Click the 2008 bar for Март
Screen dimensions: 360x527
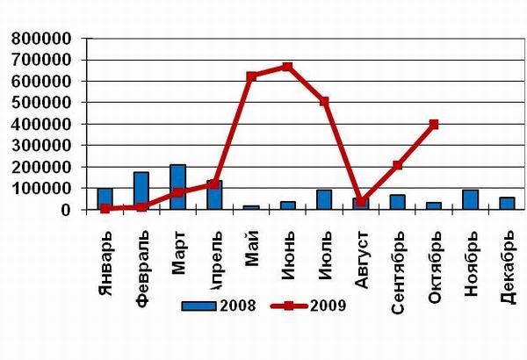click(x=178, y=187)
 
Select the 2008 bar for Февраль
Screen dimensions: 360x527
click(x=141, y=191)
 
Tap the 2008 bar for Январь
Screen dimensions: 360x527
click(x=105, y=198)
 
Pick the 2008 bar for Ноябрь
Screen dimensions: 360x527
click(x=471, y=199)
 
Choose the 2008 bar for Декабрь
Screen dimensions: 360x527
click(x=507, y=203)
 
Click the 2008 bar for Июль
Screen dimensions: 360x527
click(x=324, y=199)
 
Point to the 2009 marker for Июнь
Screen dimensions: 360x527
click(x=287, y=67)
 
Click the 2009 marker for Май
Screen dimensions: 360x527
click(x=251, y=76)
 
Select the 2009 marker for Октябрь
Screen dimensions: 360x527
click(x=434, y=125)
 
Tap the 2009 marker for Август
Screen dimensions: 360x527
click(x=361, y=201)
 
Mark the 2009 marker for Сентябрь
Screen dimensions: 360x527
click(x=397, y=165)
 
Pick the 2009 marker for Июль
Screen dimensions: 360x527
click(x=324, y=102)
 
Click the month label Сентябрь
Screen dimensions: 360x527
click(x=397, y=260)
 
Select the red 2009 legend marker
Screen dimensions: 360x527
click(x=289, y=306)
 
